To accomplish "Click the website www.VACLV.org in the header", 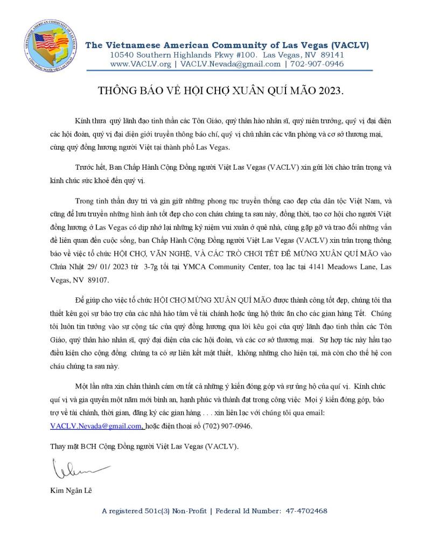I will [141, 64].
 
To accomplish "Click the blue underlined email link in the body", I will [95, 426].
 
